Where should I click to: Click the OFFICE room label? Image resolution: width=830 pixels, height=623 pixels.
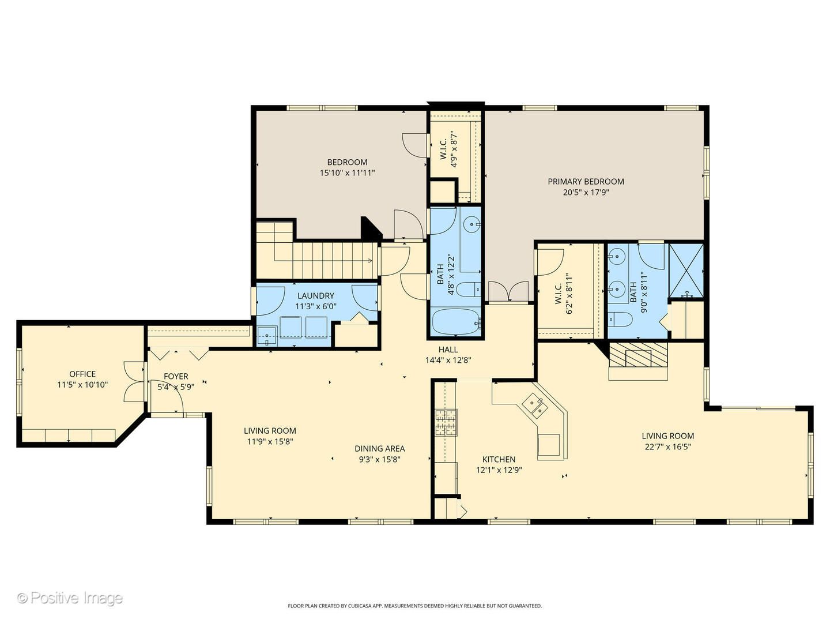point(82,374)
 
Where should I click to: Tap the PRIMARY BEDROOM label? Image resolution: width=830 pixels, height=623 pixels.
point(586,182)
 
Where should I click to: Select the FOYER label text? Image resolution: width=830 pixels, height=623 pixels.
point(176,376)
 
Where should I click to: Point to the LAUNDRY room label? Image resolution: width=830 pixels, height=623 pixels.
point(316,296)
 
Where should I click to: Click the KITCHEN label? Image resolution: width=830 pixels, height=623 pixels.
point(499,459)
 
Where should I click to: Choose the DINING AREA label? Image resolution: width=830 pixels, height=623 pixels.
point(380,449)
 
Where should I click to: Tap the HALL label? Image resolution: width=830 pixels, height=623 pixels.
point(448,350)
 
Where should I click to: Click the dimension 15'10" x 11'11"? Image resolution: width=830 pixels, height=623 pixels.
point(347,173)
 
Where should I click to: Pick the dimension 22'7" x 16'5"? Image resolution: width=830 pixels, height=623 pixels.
point(668,446)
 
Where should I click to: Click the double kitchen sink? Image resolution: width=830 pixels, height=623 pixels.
point(535,406)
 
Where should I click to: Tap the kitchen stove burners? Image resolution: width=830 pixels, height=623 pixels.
point(447,422)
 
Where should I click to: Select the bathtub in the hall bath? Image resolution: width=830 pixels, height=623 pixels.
point(456,322)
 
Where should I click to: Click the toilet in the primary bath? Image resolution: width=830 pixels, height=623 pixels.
point(620,320)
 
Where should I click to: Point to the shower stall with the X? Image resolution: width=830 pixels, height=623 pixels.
point(686,270)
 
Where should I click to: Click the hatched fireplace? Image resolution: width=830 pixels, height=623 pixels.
point(638,355)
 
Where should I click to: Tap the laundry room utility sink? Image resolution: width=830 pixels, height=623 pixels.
point(267,336)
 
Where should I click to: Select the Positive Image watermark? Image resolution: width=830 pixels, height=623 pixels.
point(70,598)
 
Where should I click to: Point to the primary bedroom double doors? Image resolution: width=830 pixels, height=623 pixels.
point(508,291)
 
